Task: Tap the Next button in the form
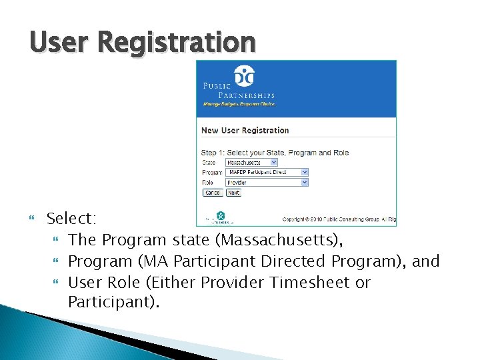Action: click(x=233, y=193)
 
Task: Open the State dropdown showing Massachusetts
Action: click(x=251, y=162)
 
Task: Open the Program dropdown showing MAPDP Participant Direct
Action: click(x=267, y=172)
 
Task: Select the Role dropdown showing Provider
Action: click(x=267, y=182)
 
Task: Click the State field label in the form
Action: click(x=209, y=162)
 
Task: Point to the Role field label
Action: click(x=208, y=182)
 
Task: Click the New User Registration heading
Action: click(x=245, y=131)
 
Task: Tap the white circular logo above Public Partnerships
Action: click(x=245, y=77)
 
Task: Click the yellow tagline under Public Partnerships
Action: click(x=239, y=104)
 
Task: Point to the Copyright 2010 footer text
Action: click(x=339, y=219)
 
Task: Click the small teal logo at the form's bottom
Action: click(x=221, y=216)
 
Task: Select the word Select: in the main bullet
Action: click(x=72, y=218)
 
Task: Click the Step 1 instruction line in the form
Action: click(x=275, y=153)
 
